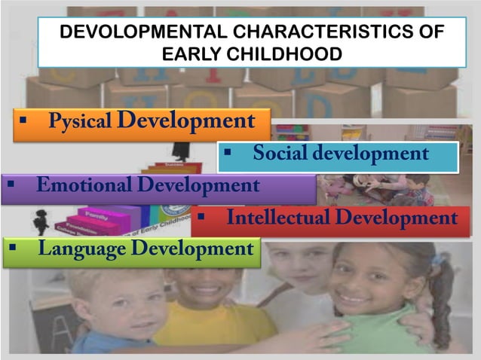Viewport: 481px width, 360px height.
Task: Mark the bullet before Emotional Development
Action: coord(10,185)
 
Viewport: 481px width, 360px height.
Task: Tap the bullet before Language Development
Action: coord(11,248)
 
